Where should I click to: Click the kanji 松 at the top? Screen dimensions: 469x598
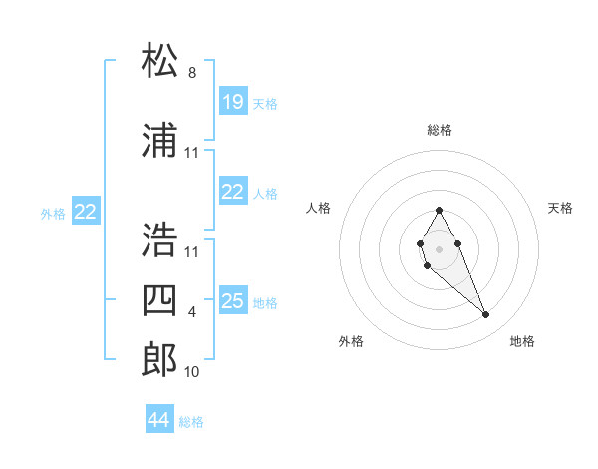tap(159, 61)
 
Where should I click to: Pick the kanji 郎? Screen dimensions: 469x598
tap(159, 359)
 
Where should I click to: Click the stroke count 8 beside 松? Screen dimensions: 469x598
tap(192, 73)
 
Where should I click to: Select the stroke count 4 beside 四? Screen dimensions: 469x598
tap(192, 312)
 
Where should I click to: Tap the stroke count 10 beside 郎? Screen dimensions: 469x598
tap(192, 372)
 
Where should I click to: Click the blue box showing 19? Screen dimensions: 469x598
tap(232, 102)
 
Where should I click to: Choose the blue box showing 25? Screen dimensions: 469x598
tap(232, 301)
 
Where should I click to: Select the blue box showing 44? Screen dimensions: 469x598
tap(159, 420)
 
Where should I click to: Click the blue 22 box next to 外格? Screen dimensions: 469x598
tap(86, 211)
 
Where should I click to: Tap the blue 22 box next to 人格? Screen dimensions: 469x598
tap(232, 192)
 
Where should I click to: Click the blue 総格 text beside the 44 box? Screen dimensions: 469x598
tap(191, 422)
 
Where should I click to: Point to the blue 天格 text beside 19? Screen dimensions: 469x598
tap(265, 104)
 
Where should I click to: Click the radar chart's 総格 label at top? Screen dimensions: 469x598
tap(439, 130)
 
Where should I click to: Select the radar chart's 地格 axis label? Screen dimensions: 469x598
tap(522, 341)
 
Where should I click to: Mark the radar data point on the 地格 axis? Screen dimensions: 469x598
tap(486, 315)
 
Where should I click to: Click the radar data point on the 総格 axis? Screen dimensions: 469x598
tap(439, 210)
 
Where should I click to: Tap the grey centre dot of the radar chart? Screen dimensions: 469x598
tap(439, 247)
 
